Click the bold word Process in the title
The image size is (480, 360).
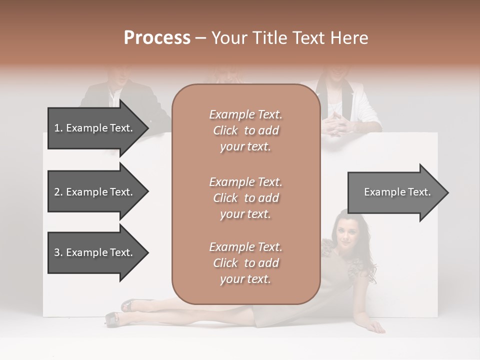(157, 37)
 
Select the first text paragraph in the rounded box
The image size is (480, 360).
(245, 130)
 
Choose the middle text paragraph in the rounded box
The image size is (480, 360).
(245, 198)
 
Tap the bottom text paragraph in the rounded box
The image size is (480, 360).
(245, 263)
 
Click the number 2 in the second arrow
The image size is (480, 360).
(56, 192)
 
